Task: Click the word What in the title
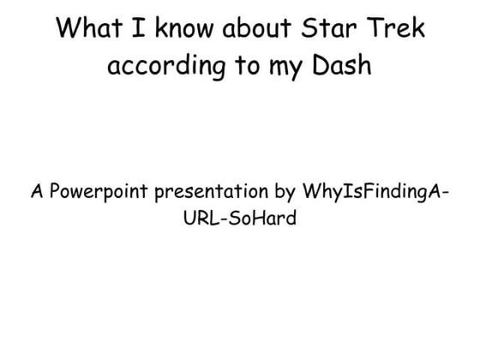pyautogui.click(x=89, y=28)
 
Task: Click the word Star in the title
pyautogui.click(x=322, y=28)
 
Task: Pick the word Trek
pyautogui.click(x=393, y=28)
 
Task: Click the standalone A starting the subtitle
pyautogui.click(x=37, y=190)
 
